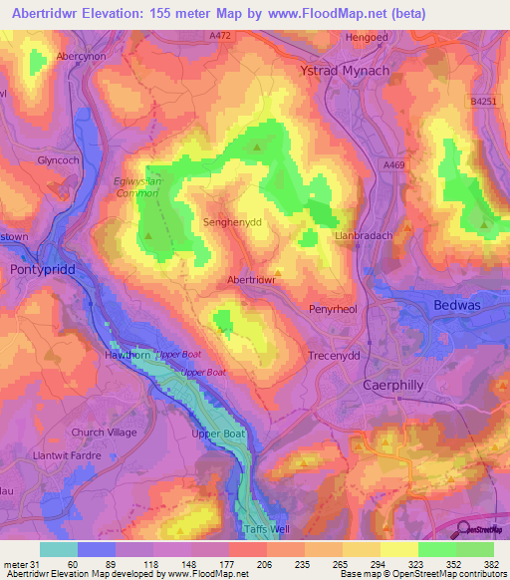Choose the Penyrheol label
(332, 310)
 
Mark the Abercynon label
(82, 57)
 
